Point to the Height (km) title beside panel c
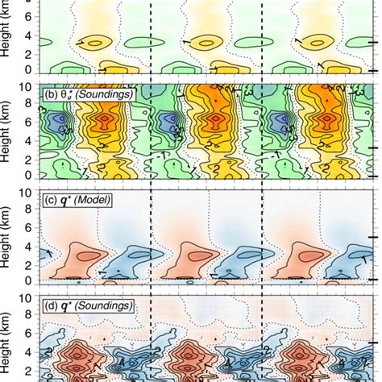pyautogui.click(x=9, y=242)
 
